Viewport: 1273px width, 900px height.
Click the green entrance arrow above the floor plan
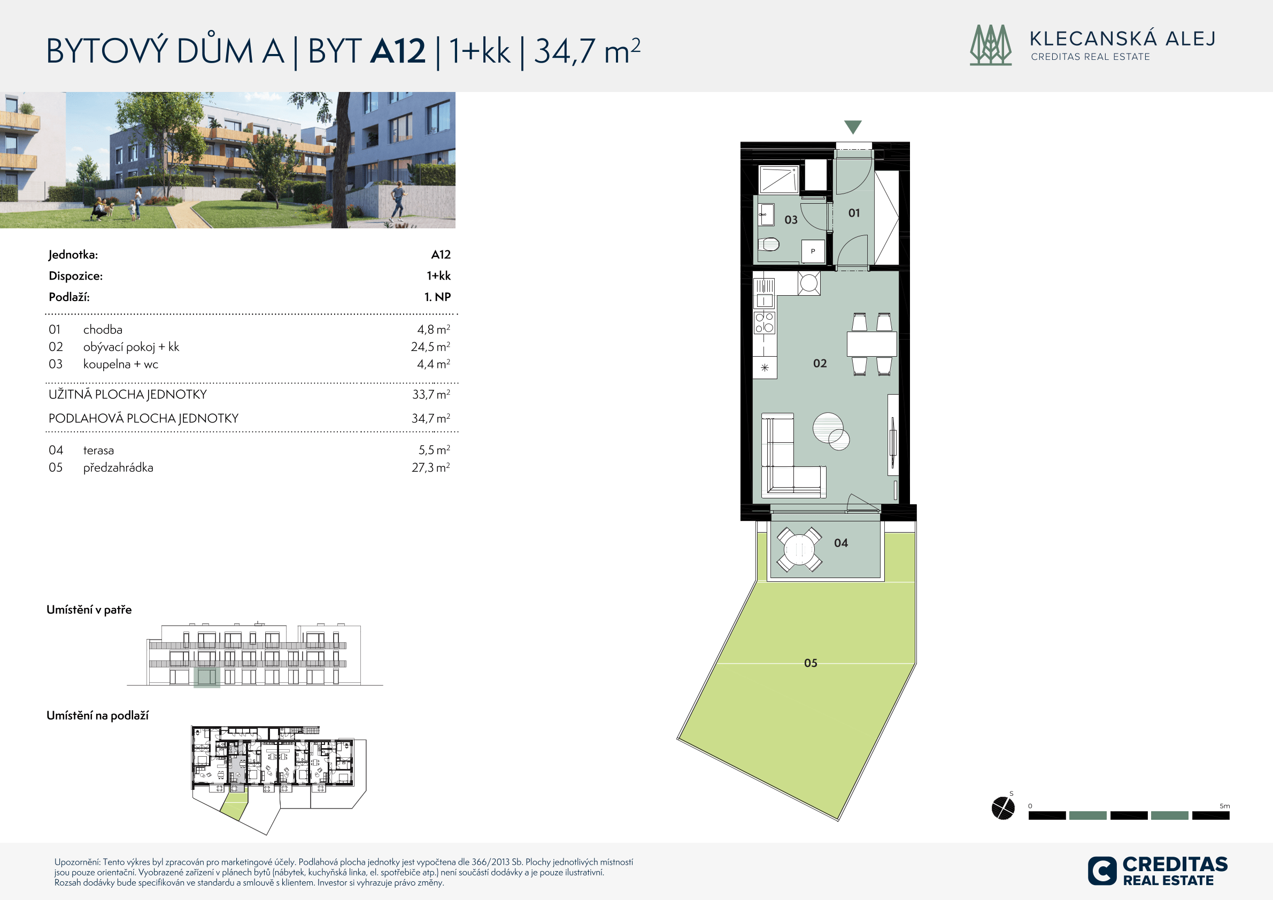pos(853,127)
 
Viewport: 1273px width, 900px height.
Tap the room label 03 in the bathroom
pos(791,220)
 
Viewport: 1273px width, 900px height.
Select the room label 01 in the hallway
pos(854,213)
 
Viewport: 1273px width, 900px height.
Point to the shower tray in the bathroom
pos(778,179)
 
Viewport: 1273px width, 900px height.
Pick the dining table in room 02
pos(871,344)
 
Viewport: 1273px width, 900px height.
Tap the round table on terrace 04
pos(798,550)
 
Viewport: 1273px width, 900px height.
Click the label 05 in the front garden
pos(811,663)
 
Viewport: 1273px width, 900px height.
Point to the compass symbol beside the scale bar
pos(1003,807)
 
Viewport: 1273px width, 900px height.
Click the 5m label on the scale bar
pos(1224,806)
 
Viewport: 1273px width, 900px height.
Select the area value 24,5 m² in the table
pos(430,347)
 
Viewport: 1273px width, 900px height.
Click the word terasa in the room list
pos(99,450)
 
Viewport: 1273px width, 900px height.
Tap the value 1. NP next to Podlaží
pos(437,297)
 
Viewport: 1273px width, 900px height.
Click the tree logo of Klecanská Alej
pos(991,45)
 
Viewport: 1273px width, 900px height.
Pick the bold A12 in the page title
pos(398,51)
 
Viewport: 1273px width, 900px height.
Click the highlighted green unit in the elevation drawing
pos(207,677)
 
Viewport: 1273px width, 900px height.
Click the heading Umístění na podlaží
pos(98,716)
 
